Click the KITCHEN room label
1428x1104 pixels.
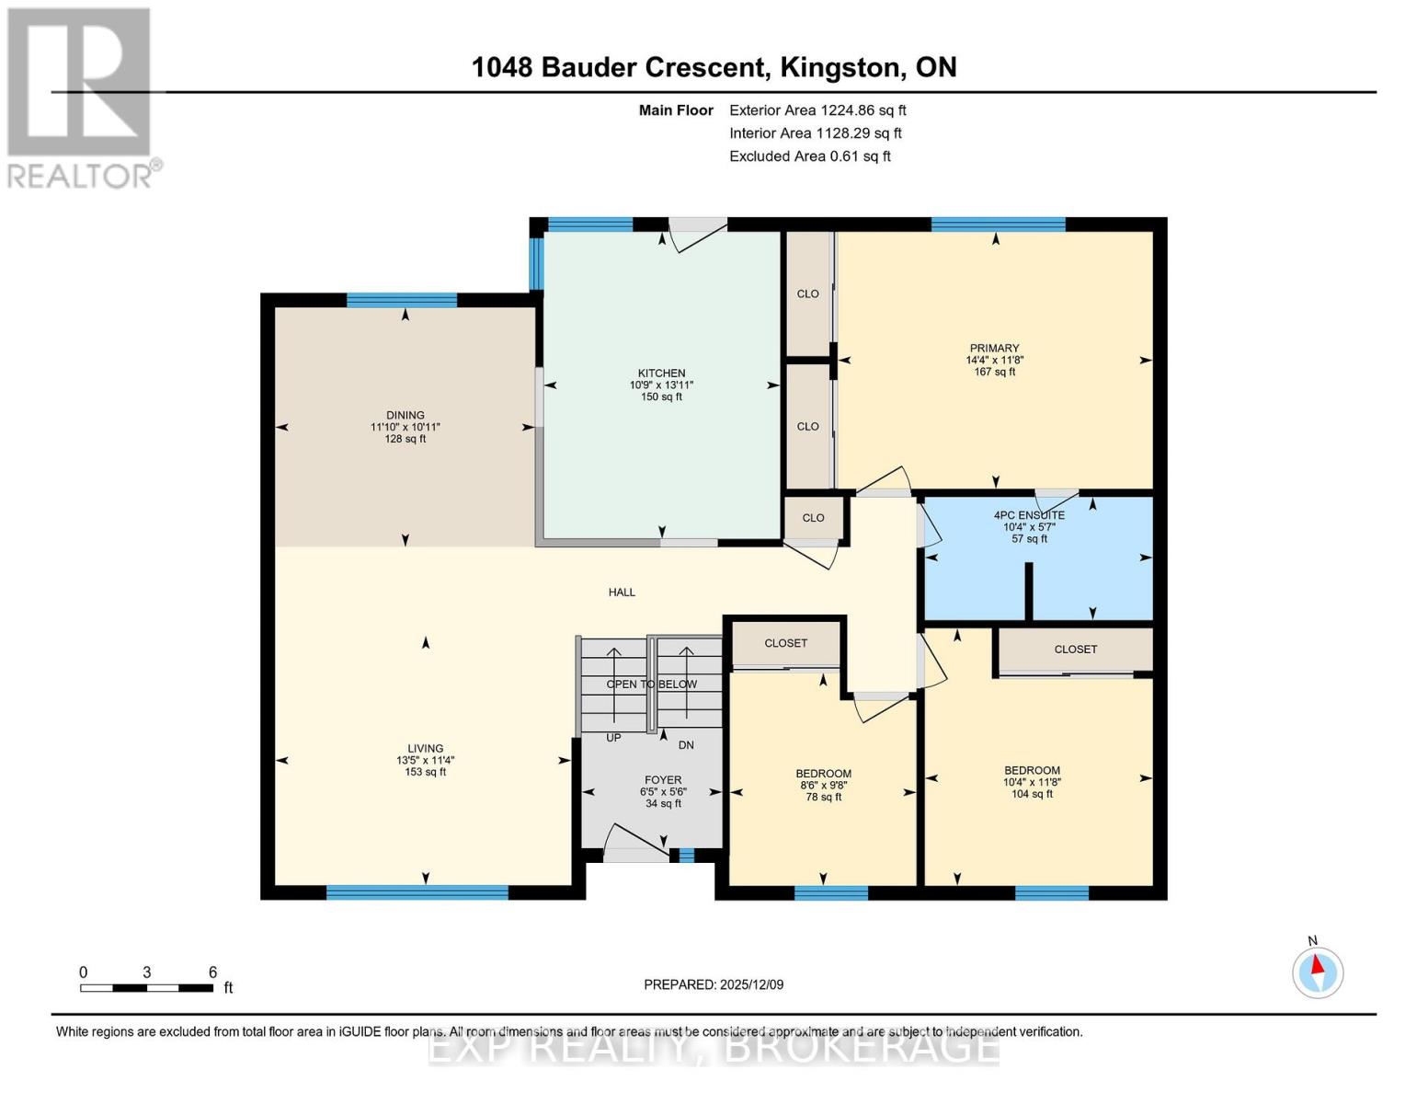661,374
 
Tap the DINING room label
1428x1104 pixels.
405,415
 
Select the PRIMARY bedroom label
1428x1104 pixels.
994,349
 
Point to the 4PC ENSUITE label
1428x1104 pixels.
1029,515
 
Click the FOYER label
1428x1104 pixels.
662,780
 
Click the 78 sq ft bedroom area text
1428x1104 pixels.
823,797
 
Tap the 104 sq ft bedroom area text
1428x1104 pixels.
1032,794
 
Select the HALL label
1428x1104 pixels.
622,592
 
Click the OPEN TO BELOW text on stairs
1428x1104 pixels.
651,684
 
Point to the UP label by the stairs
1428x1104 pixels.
613,738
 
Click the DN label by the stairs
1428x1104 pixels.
686,745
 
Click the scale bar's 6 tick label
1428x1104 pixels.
212,972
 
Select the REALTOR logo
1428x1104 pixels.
81,97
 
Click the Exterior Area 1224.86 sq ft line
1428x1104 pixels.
817,110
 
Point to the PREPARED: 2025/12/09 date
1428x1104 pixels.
714,984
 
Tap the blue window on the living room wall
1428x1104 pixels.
417,892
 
